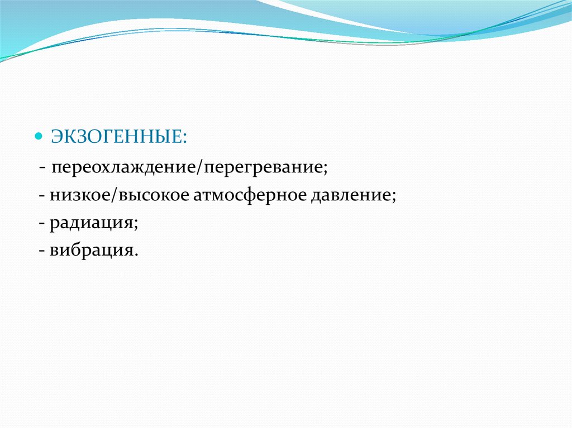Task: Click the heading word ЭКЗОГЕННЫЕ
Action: tap(116, 137)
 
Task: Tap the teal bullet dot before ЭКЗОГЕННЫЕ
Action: tap(39, 137)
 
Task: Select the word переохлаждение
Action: tap(124, 168)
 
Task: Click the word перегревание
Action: tap(263, 169)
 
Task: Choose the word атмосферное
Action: tap(250, 196)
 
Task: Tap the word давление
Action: tap(351, 196)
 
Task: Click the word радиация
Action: tap(91, 223)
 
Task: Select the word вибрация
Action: tap(91, 251)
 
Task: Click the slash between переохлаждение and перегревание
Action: tap(201, 168)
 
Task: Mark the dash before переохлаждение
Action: tap(43, 169)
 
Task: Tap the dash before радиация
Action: tap(42, 224)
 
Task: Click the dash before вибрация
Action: tap(42, 251)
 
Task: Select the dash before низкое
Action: tap(42, 196)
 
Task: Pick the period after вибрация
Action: tap(136, 255)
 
